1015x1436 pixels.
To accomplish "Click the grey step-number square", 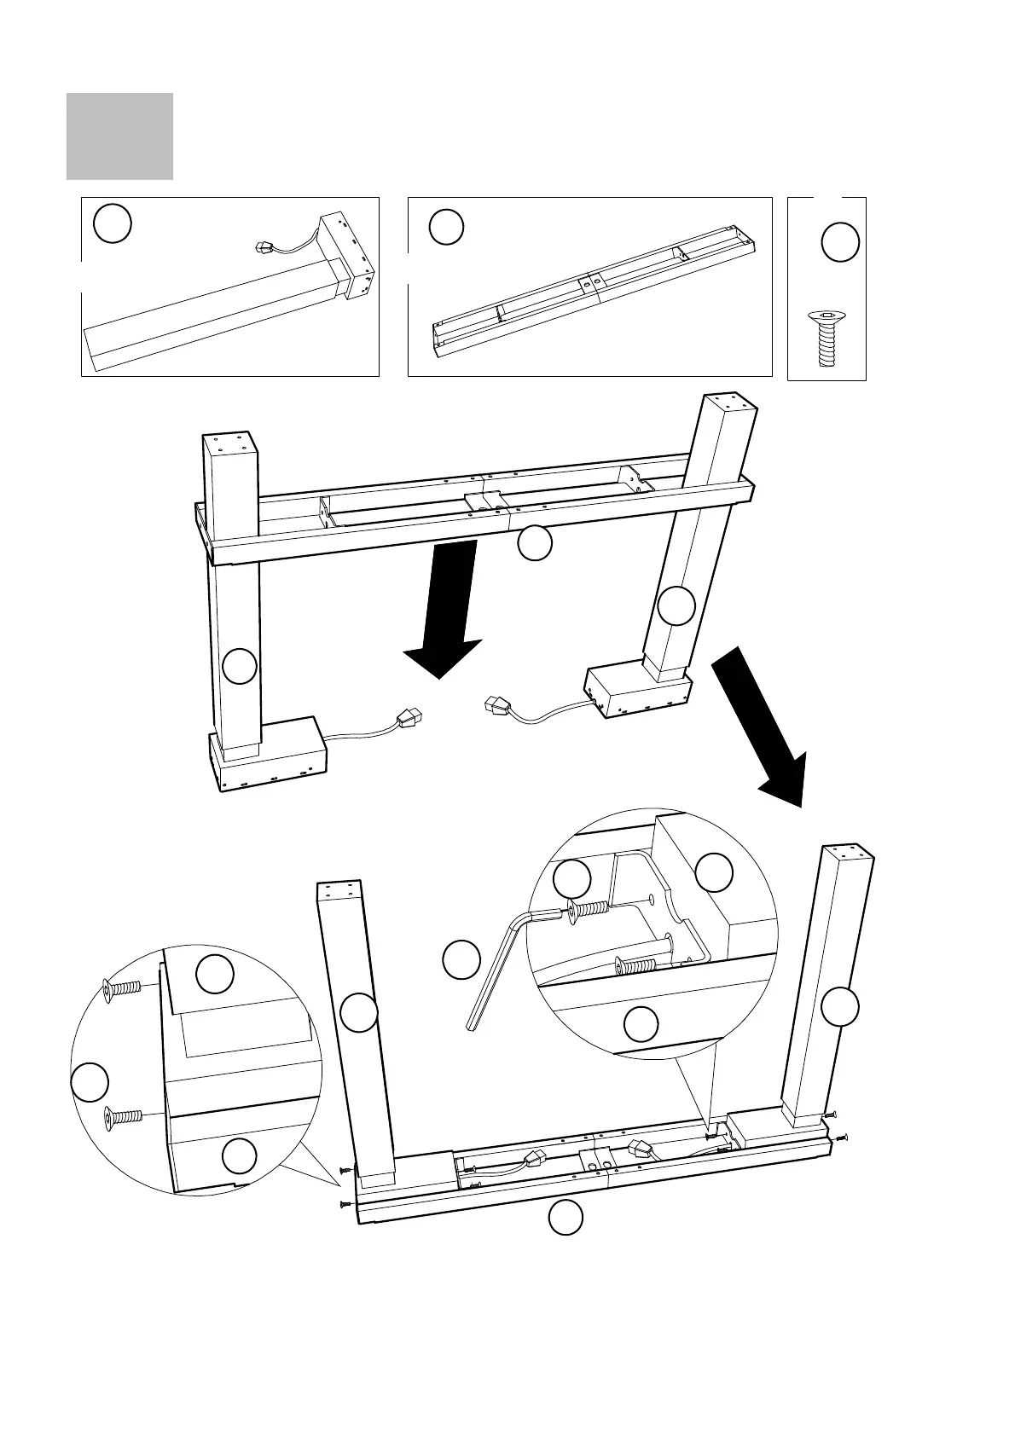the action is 119,136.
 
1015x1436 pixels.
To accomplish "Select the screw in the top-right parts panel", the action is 824,339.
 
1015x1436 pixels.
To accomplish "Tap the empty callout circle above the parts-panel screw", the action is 839,242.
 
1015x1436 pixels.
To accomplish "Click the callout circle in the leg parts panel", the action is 113,224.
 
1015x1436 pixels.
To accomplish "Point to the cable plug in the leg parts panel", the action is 264,248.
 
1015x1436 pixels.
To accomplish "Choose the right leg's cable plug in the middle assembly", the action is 496,705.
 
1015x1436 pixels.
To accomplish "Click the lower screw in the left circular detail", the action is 123,1115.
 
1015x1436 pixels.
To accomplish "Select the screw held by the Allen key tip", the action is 587,912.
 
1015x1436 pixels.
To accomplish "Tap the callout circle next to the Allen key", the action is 461,960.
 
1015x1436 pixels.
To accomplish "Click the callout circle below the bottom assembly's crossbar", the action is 565,1217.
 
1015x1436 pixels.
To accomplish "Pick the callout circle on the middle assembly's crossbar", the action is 535,543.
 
